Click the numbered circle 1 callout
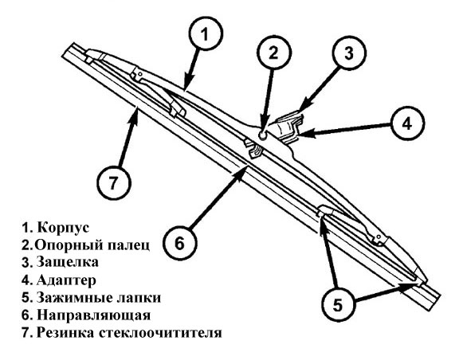click(x=206, y=34)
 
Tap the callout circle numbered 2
click(x=273, y=53)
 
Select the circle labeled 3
click(x=349, y=53)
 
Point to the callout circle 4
click(x=407, y=123)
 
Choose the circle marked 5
click(x=338, y=304)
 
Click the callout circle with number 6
click(x=180, y=243)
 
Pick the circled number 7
click(x=114, y=183)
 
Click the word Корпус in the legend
click(x=63, y=228)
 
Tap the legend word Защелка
click(x=67, y=262)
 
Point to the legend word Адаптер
click(x=66, y=280)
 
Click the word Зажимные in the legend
click(x=74, y=297)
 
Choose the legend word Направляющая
click(x=94, y=315)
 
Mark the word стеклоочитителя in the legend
click(x=160, y=333)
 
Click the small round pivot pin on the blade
click(x=262, y=135)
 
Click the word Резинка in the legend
click(x=66, y=333)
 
